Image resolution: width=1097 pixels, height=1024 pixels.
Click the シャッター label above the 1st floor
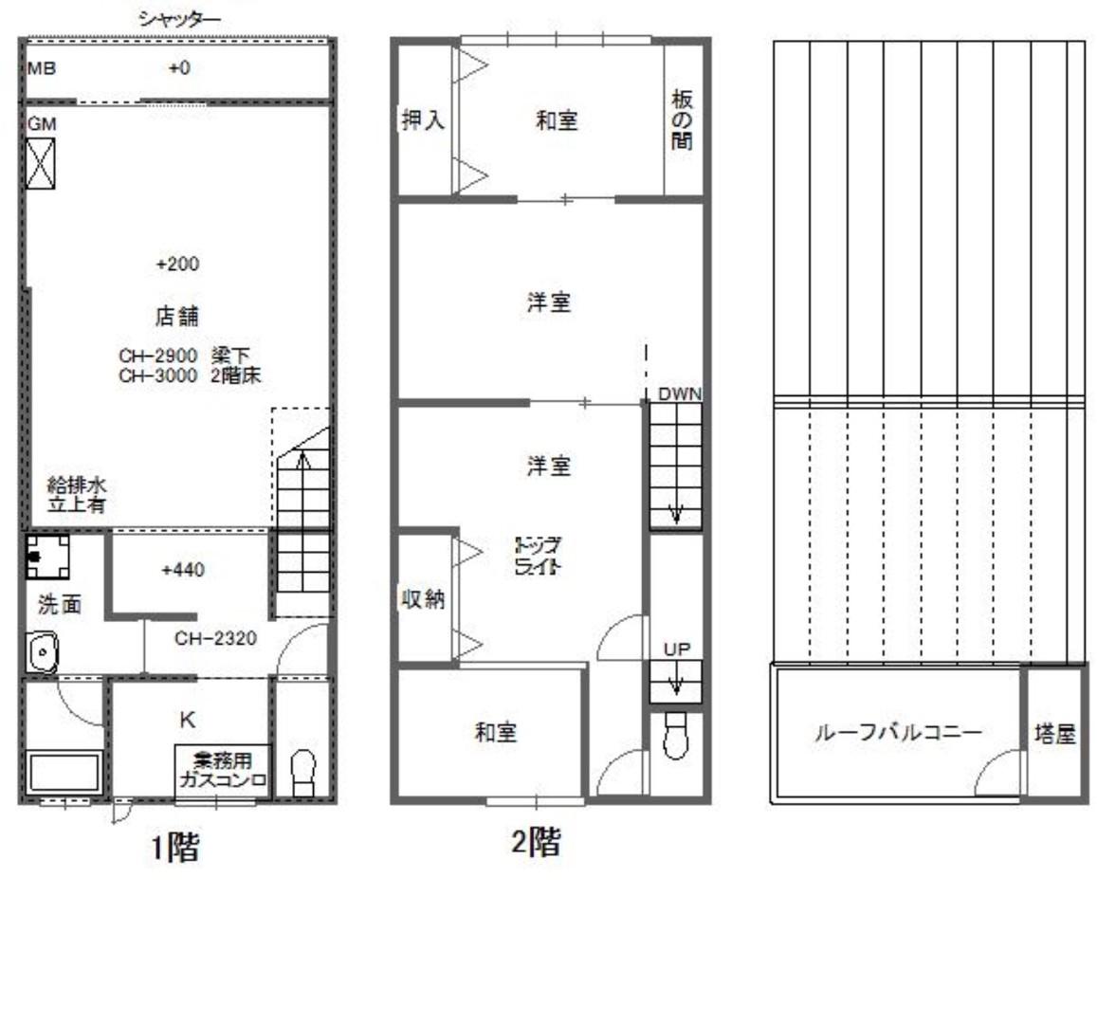[x=180, y=18]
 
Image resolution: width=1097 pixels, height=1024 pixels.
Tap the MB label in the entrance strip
[x=42, y=68]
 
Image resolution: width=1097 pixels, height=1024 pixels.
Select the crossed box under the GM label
[x=41, y=163]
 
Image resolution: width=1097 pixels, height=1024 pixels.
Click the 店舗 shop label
[x=177, y=315]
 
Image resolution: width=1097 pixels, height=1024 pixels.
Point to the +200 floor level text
[x=177, y=264]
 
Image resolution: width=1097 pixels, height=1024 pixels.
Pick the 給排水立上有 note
[x=77, y=495]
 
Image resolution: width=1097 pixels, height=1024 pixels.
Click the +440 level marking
[x=183, y=570]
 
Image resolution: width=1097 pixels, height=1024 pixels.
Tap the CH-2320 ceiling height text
[x=214, y=638]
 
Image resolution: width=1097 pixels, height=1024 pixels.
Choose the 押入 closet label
[x=423, y=121]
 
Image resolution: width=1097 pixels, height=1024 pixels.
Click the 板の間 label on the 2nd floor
[x=682, y=121]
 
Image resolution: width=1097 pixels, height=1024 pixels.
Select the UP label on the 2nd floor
[x=677, y=649]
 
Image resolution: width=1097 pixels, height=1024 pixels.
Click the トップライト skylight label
[x=538, y=557]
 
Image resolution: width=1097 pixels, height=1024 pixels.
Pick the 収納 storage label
[x=422, y=599]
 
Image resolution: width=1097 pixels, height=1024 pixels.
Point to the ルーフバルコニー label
[x=898, y=732]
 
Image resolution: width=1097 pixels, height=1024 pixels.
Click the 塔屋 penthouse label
[x=1054, y=733]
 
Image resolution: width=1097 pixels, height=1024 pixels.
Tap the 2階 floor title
[x=536, y=842]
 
